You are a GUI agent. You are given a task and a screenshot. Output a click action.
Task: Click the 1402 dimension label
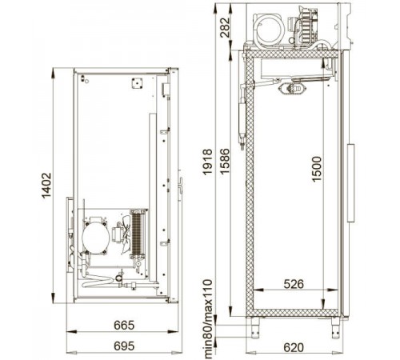(x=46, y=186)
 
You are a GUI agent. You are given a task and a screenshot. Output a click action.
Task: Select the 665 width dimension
(x=124, y=325)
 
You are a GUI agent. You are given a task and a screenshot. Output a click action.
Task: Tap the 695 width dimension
(x=124, y=346)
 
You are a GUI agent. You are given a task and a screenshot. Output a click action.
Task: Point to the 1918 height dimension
(x=207, y=162)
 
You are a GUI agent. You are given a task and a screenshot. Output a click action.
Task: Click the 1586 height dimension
(x=224, y=161)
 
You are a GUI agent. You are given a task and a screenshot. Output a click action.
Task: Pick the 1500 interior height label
(x=317, y=169)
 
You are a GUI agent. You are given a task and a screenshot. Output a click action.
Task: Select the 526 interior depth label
(x=294, y=284)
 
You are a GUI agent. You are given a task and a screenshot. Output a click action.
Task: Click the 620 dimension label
(x=294, y=347)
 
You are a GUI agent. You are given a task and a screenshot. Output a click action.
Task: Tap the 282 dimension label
(x=225, y=27)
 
